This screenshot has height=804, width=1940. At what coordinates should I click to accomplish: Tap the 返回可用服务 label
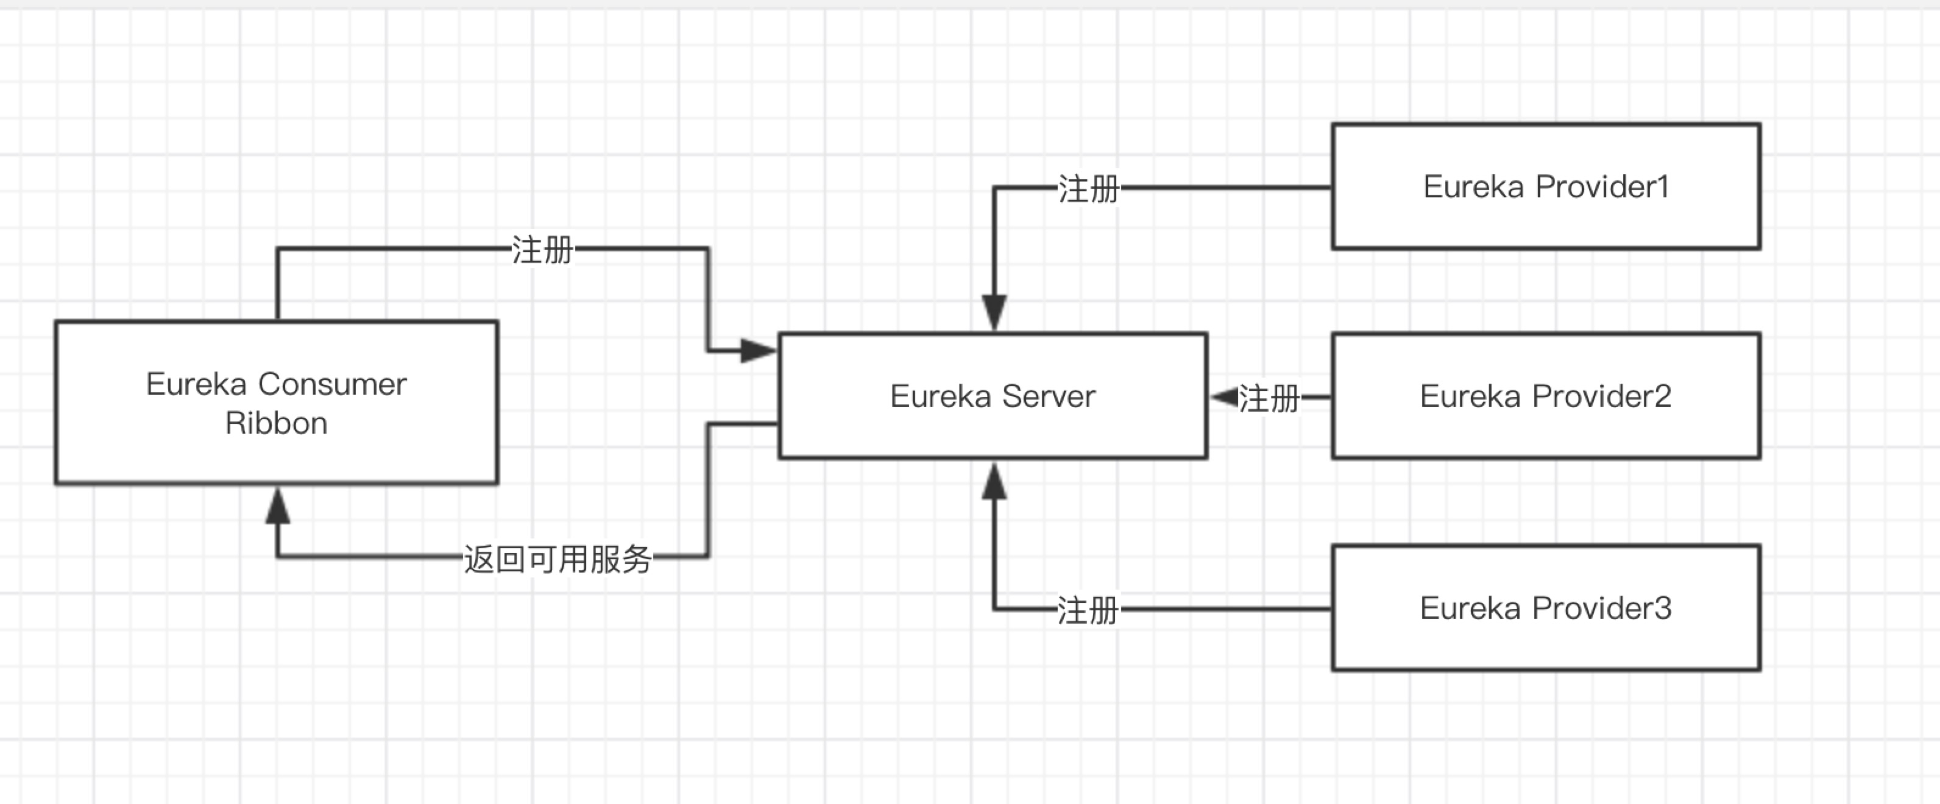point(558,559)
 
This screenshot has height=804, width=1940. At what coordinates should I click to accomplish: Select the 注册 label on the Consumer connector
point(542,250)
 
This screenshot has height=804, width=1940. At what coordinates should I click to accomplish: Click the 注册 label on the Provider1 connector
point(1088,189)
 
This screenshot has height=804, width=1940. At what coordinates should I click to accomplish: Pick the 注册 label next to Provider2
point(1269,398)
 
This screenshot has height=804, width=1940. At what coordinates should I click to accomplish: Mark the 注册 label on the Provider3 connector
point(1087,610)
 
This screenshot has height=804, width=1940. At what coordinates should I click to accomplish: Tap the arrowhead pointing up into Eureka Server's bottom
point(994,482)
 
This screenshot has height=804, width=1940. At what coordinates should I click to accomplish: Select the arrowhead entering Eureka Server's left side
point(757,351)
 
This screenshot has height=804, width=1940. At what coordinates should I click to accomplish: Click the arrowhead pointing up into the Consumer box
point(278,506)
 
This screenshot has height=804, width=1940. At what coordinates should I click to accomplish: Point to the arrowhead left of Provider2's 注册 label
point(1225,397)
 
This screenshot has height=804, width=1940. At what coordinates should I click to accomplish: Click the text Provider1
point(1602,187)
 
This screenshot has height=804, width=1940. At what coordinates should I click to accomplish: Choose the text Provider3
point(1602,608)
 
